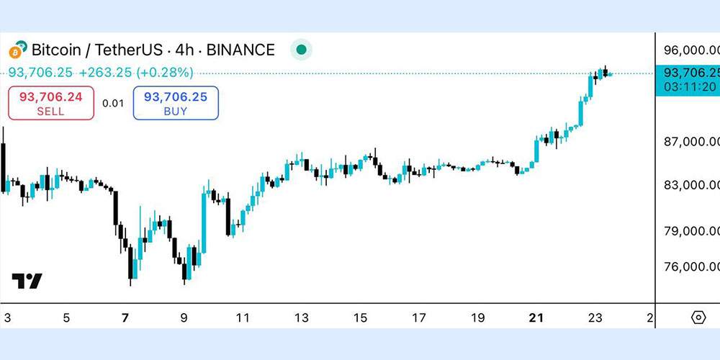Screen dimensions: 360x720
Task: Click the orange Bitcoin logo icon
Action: pyautogui.click(x=17, y=51)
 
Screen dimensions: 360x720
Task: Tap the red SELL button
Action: pyautogui.click(x=51, y=103)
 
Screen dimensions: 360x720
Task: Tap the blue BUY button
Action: pyautogui.click(x=176, y=103)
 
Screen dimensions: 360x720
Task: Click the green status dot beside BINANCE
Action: pyautogui.click(x=302, y=50)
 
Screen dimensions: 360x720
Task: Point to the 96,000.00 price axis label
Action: pyautogui.click(x=691, y=51)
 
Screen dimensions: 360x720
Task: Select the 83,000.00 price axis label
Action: pyautogui.click(x=691, y=185)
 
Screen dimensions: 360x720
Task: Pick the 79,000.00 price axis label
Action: pyautogui.click(x=691, y=231)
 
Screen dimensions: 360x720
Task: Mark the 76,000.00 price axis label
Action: pyautogui.click(x=691, y=266)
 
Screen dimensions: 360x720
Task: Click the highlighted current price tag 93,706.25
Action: pyautogui.click(x=690, y=72)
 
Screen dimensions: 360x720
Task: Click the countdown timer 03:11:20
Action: pyautogui.click(x=690, y=86)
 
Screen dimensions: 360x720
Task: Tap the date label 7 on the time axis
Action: pyautogui.click(x=125, y=318)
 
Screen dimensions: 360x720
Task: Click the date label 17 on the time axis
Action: pyautogui.click(x=418, y=318)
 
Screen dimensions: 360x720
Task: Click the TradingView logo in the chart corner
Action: pyautogui.click(x=27, y=282)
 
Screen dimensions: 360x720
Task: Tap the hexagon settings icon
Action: pyautogui.click(x=698, y=318)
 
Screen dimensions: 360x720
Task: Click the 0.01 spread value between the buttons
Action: pyautogui.click(x=113, y=103)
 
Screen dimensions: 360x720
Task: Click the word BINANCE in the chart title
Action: pyautogui.click(x=240, y=50)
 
